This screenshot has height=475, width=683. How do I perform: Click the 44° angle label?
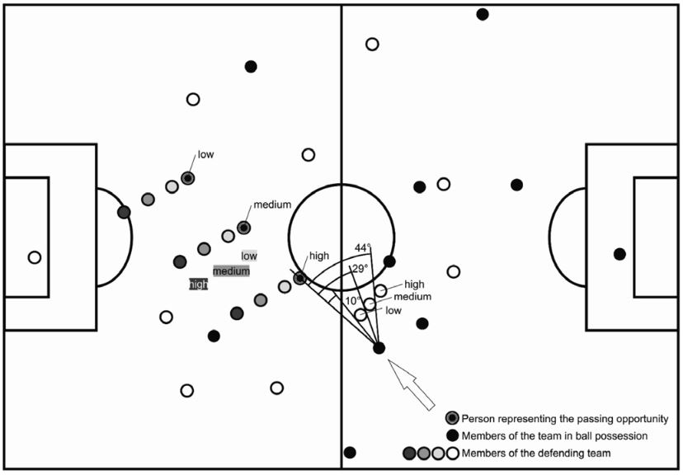tap(364, 247)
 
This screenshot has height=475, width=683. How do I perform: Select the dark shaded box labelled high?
tap(198, 285)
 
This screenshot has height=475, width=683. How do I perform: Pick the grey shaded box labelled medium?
tap(231, 270)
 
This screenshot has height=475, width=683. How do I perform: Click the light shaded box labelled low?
tap(248, 256)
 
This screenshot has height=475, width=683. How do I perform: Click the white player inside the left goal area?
tap(35, 257)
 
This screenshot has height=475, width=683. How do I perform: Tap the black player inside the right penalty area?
tap(619, 254)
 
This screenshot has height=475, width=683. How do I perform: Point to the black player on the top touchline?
tap(483, 14)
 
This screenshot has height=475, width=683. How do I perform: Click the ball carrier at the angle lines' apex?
tap(379, 348)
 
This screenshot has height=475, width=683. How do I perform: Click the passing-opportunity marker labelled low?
tap(188, 178)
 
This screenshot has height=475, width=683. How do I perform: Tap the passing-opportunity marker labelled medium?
tap(243, 227)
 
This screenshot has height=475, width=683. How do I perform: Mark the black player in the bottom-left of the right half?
tap(350, 453)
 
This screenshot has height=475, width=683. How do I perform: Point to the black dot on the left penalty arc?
tap(124, 212)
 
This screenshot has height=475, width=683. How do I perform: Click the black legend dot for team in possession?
tap(451, 435)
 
